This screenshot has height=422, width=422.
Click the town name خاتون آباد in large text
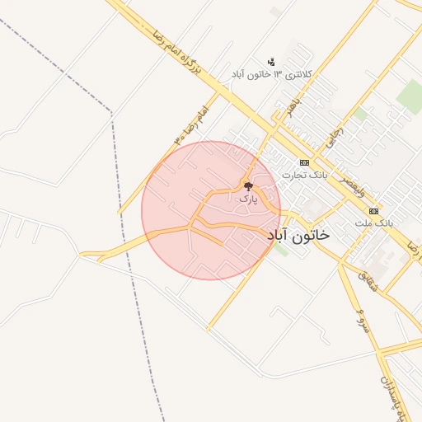tap(298, 235)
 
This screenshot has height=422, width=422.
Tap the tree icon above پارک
tap(247, 187)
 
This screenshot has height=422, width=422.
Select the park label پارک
tap(247, 199)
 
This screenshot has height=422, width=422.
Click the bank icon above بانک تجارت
tap(304, 162)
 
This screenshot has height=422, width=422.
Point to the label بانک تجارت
tap(304, 175)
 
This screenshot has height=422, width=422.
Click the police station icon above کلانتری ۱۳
tap(271, 62)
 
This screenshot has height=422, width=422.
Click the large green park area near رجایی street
tap(409, 95)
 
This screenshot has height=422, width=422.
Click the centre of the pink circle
tap(211, 210)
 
